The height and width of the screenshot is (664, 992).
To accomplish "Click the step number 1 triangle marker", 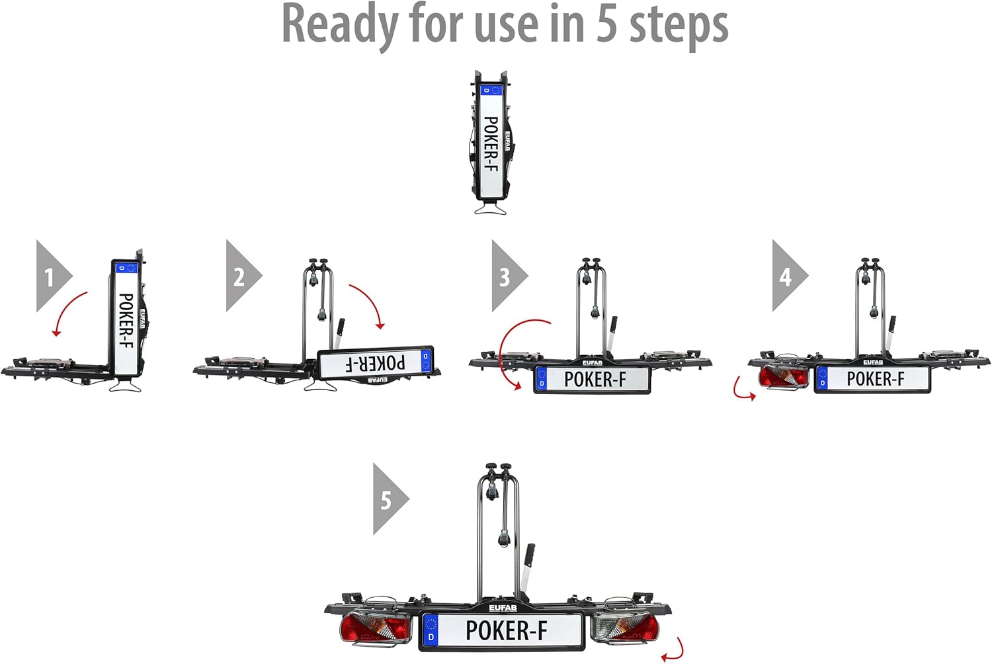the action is point(51,276).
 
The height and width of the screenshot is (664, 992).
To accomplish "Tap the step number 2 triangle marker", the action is point(241,276).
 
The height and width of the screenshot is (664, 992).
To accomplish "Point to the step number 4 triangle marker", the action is point(787,276).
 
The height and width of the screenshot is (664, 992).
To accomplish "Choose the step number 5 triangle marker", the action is point(388,499).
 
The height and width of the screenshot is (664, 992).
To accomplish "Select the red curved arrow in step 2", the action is point(371,301).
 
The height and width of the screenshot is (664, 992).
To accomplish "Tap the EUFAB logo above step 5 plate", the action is point(503,608).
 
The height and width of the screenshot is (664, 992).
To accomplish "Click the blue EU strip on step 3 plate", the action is point(542,379).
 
